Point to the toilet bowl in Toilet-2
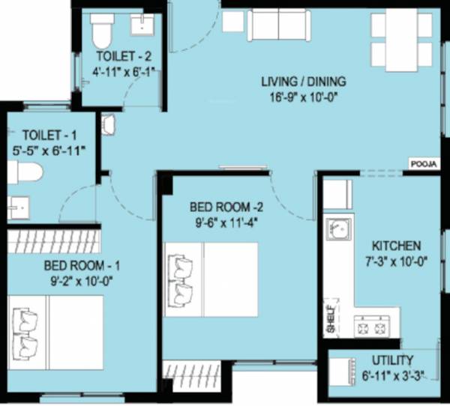click(101, 31)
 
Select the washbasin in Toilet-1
click(16, 207)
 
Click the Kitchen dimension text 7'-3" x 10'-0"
click(394, 260)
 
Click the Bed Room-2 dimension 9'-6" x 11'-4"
click(218, 221)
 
